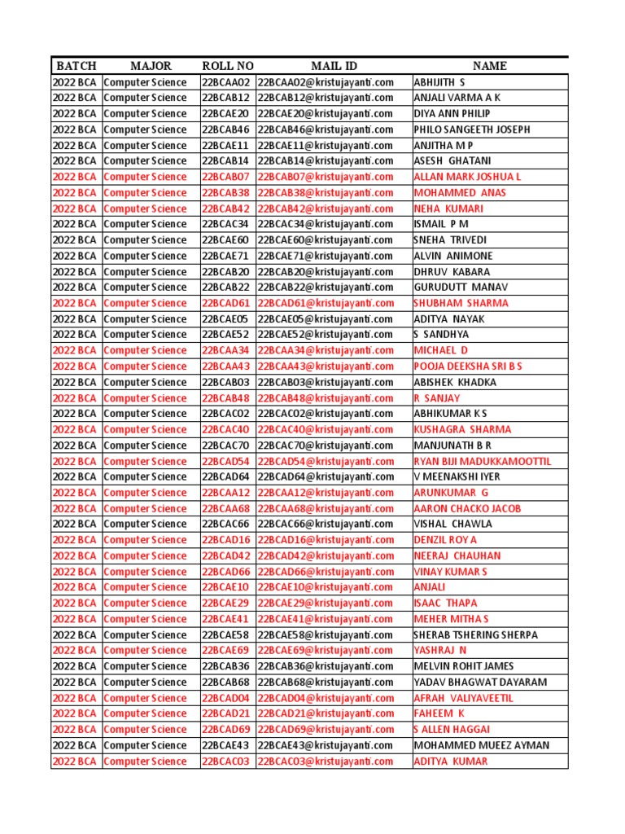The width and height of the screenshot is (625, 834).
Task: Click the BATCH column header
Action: [75, 66]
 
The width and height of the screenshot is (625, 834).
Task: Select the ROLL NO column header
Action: [228, 66]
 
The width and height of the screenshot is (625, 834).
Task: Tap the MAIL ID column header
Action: [334, 66]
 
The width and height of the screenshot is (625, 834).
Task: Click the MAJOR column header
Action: [151, 66]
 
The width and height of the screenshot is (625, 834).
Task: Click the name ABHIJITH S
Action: [439, 82]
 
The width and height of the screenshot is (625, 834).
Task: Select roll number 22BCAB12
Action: [225, 98]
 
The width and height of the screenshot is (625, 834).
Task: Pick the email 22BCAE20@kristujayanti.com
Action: [326, 114]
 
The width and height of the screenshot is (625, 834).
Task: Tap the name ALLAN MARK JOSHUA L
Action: [467, 177]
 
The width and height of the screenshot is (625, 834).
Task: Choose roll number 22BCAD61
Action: [225, 303]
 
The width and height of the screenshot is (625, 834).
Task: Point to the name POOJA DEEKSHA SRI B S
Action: [468, 367]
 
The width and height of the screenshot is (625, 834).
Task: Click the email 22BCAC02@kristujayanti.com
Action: [326, 414]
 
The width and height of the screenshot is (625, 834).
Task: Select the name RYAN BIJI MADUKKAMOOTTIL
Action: [482, 461]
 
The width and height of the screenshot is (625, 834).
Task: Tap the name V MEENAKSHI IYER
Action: [457, 476]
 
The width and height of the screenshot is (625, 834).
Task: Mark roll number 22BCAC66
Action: [225, 524]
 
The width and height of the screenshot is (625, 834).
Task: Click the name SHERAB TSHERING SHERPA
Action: [476, 634]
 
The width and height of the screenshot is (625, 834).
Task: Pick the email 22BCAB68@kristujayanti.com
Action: [326, 682]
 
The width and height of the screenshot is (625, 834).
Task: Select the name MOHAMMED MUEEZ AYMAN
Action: [481, 745]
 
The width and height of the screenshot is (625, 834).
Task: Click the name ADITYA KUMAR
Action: [451, 762]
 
